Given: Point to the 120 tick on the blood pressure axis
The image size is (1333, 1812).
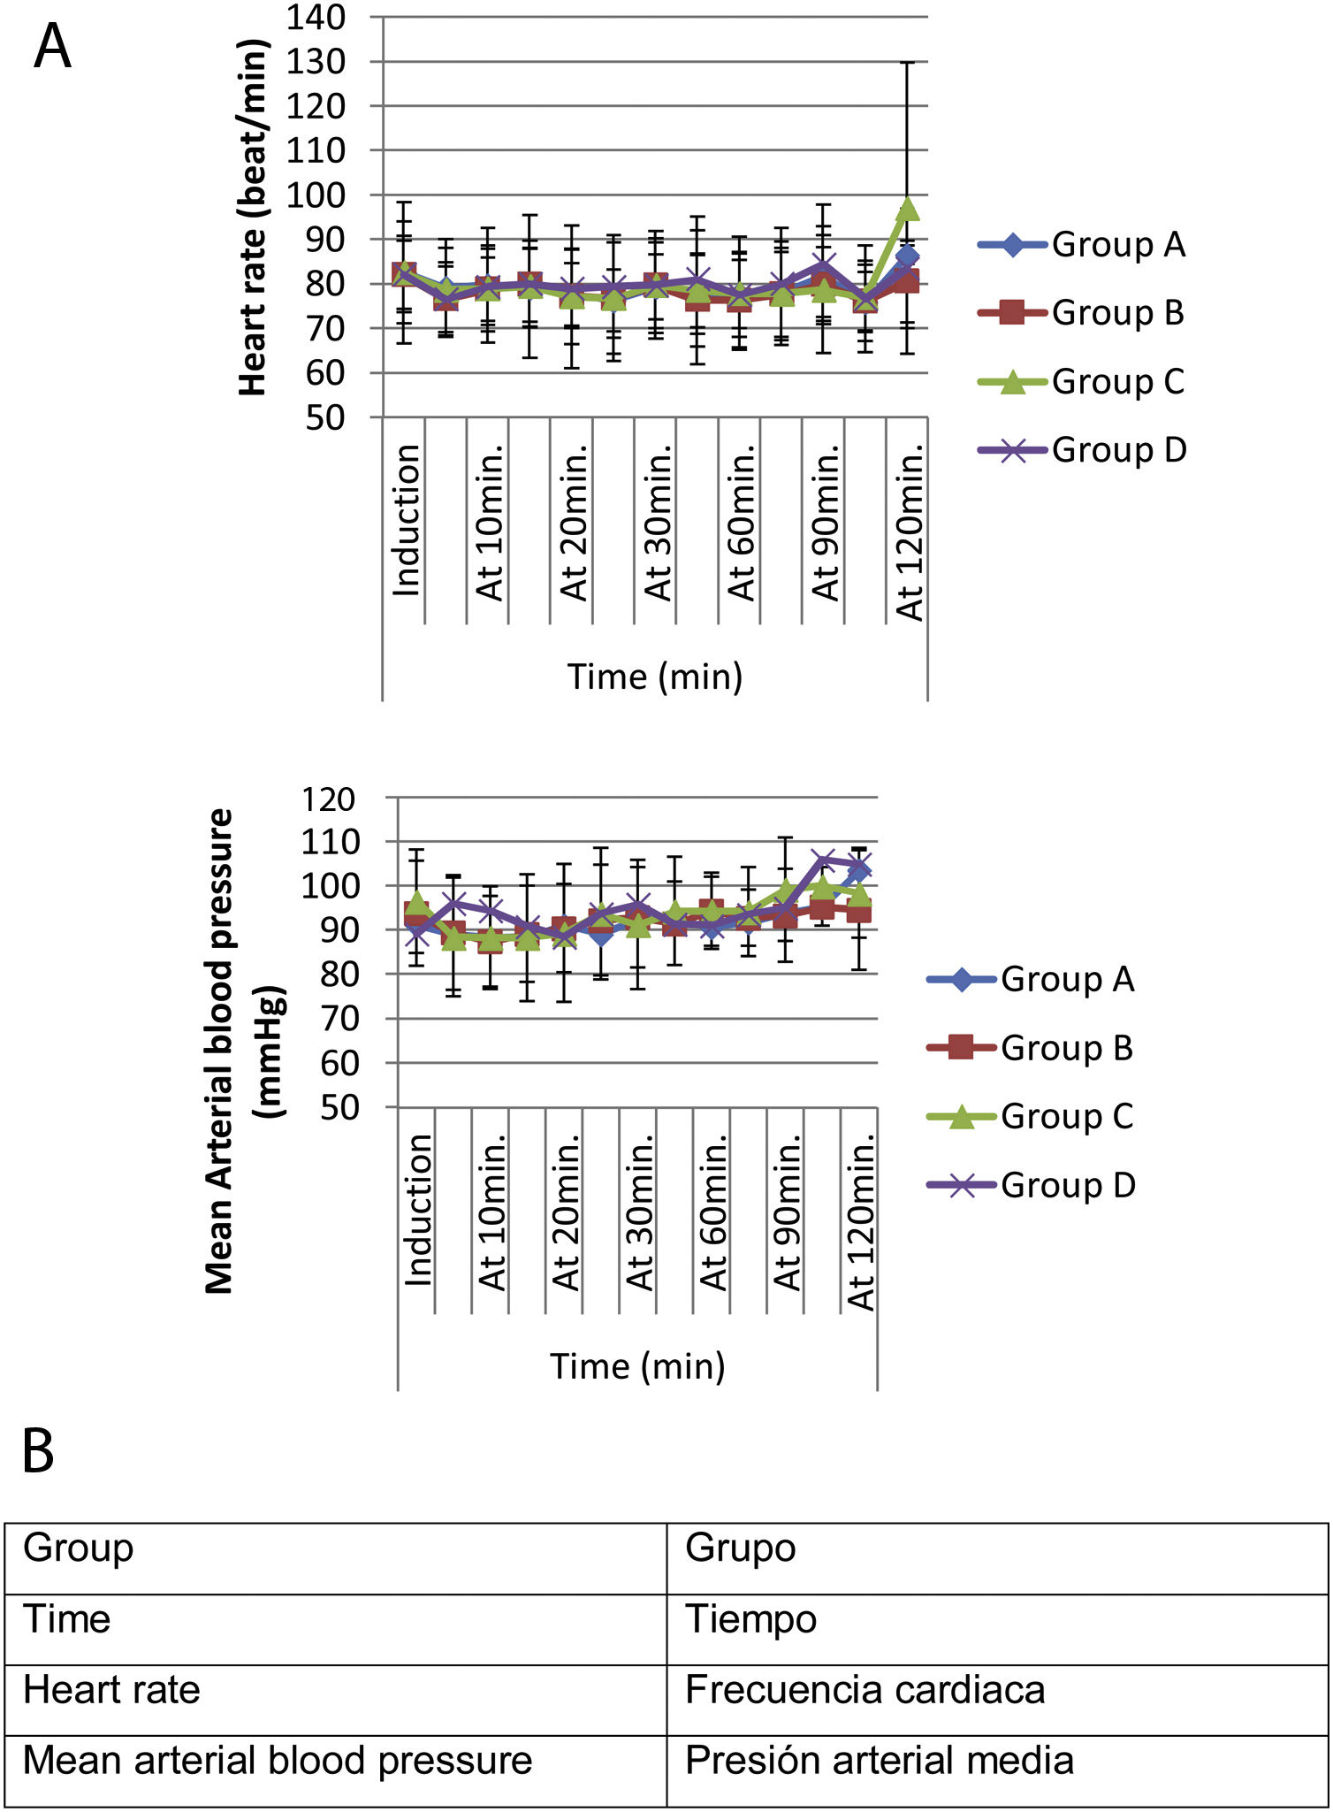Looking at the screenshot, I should [x=328, y=799].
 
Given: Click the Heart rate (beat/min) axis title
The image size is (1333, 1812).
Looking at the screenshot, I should [x=253, y=218].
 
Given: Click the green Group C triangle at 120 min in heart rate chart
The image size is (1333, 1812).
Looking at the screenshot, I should [x=908, y=209].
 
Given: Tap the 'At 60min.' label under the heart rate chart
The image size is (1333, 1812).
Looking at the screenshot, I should [x=741, y=523].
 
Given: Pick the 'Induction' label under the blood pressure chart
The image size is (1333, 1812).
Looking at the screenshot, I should [x=417, y=1210].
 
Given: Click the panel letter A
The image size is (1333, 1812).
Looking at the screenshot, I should [x=52, y=48].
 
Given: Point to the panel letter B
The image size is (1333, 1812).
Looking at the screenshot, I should [x=38, y=1451].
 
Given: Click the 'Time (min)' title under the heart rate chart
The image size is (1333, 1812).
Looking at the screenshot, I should [x=654, y=677].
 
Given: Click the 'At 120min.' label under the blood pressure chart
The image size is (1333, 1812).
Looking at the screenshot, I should [x=860, y=1221].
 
